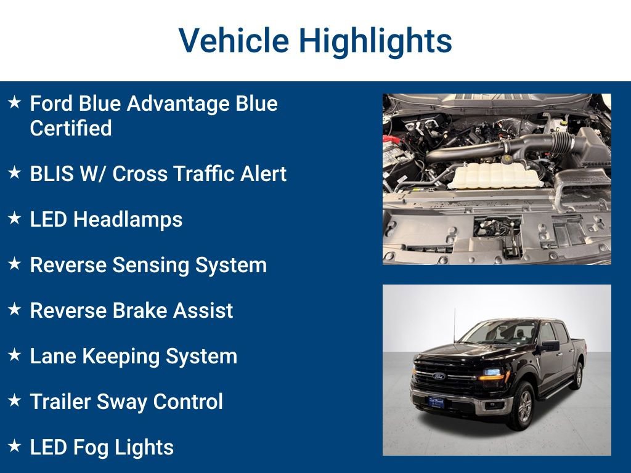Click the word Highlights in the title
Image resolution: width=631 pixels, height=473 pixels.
(375, 41)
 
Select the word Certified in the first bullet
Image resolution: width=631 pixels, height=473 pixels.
(70, 128)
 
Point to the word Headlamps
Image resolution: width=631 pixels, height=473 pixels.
(128, 219)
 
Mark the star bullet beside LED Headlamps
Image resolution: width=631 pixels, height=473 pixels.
(14, 218)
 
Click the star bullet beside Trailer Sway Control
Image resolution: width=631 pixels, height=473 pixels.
(14, 400)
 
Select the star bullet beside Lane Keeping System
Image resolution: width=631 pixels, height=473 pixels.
(14, 355)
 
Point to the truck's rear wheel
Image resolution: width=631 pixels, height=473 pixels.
(577, 376)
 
